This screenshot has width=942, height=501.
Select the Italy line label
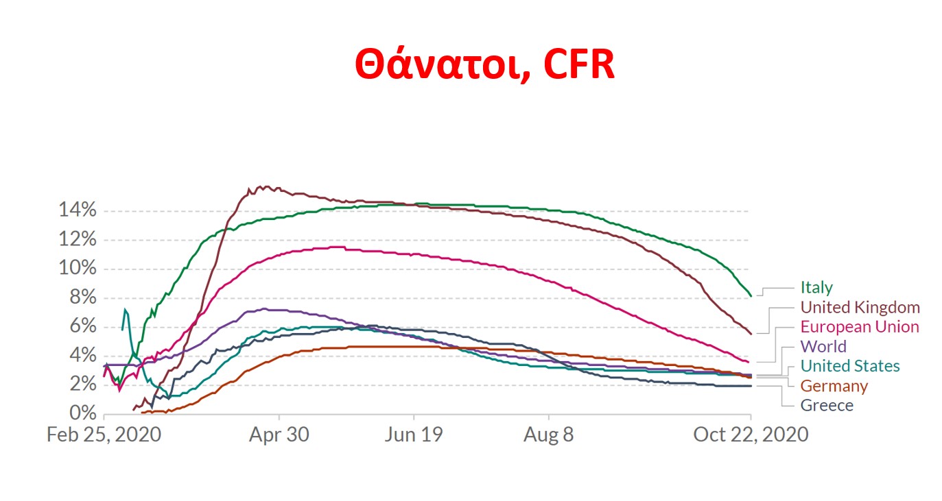[816, 288]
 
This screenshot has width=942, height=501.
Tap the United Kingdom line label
[860, 307]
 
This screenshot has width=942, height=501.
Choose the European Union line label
[859, 327]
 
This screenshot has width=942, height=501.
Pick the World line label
[823, 346]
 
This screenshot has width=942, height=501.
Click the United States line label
[849, 366]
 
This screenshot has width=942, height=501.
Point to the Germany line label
[834, 386]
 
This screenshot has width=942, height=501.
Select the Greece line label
[827, 405]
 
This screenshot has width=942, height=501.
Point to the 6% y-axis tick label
[81, 327]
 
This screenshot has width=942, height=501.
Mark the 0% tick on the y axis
[81, 413]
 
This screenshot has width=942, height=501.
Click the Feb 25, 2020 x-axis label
[104, 435]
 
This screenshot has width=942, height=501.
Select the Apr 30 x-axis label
[279, 435]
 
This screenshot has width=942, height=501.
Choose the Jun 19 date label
[414, 435]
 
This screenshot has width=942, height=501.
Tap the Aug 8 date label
[548, 435]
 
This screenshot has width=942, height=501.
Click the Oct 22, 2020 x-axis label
[751, 435]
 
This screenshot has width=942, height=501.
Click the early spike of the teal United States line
[124, 310]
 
